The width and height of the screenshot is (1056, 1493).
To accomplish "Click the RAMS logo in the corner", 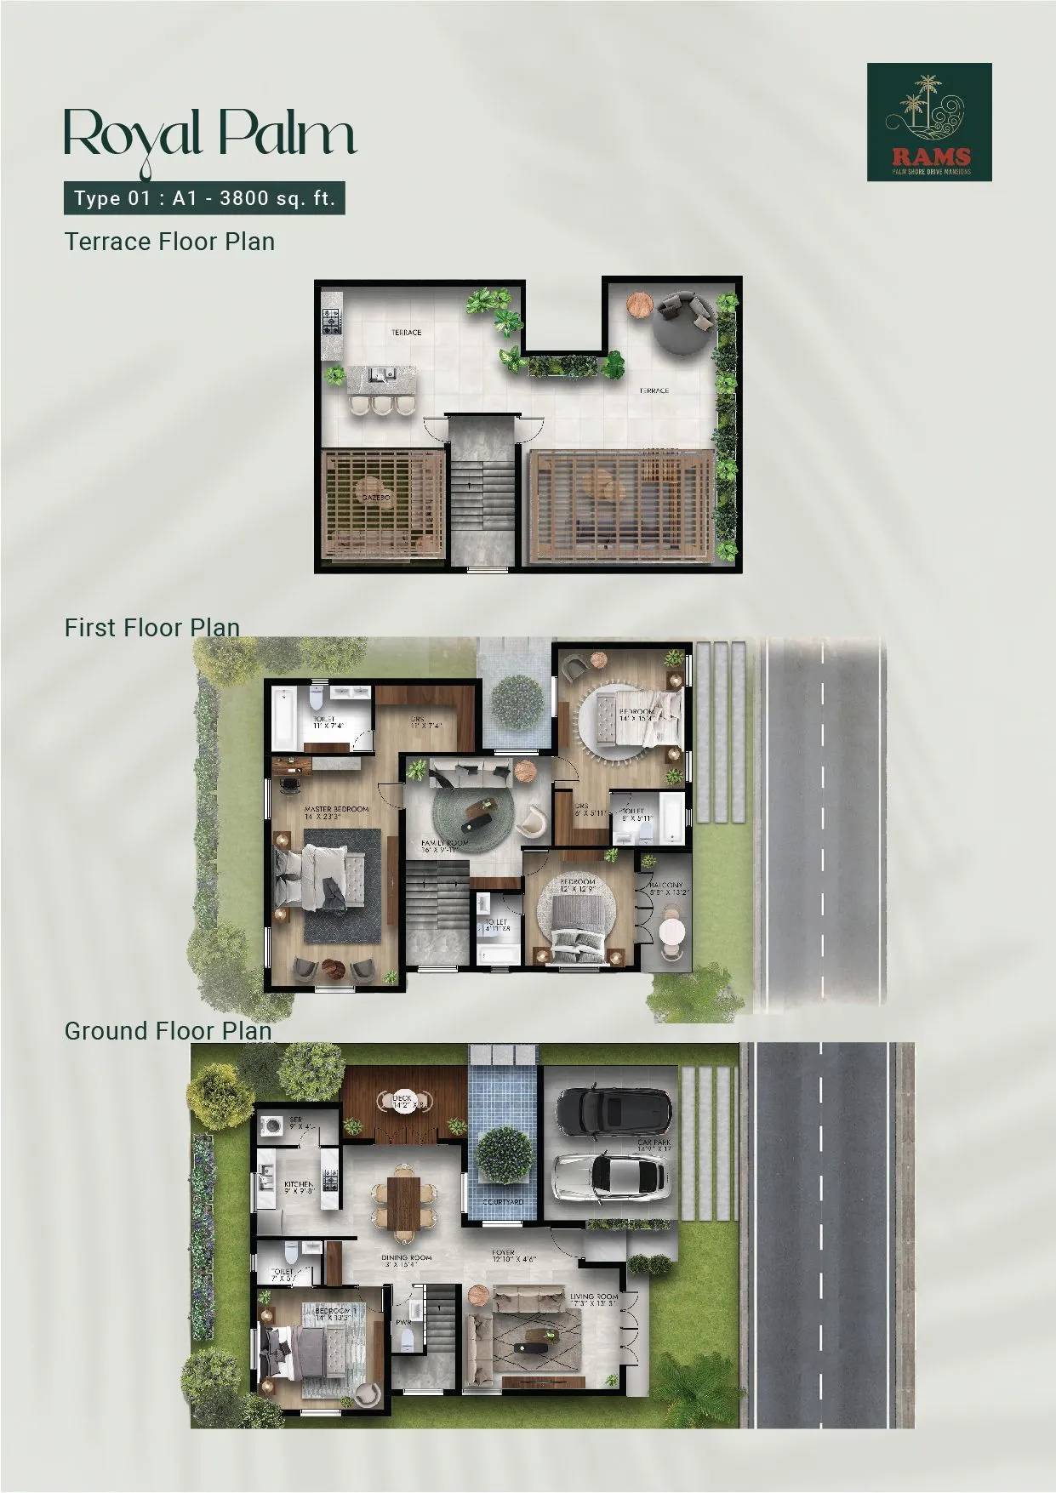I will [x=929, y=122].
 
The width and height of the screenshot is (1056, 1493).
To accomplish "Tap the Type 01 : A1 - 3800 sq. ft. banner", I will [x=204, y=199].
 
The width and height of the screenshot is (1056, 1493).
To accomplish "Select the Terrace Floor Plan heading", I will [x=169, y=242].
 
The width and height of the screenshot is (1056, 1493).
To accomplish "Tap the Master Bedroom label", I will [x=336, y=809].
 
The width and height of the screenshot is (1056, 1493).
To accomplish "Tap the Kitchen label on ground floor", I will [x=299, y=1184].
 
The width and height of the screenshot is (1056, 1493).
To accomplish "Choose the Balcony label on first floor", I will [x=667, y=886].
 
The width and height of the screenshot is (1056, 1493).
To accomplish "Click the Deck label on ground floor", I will [x=402, y=1098].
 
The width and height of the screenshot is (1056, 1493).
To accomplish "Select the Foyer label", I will [x=503, y=1253].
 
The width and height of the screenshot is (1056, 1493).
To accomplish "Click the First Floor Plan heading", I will [x=151, y=628].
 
